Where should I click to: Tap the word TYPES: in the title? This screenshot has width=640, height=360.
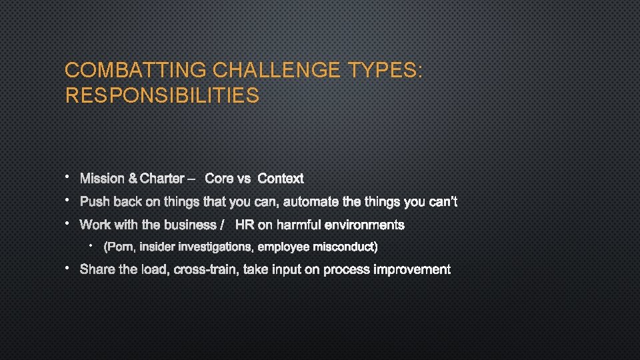[x=384, y=70]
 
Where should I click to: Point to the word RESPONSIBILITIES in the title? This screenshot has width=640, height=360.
[x=162, y=96]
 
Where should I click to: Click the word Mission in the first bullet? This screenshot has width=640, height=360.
[x=102, y=179]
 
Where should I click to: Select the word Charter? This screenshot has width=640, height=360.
[x=162, y=179]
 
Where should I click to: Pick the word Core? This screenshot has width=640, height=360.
[x=218, y=179]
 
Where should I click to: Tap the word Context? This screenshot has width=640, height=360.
[x=280, y=179]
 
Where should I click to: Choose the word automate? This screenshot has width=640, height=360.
[x=311, y=202]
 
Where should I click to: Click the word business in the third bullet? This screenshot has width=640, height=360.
[x=189, y=225]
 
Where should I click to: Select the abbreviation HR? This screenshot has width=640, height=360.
[x=245, y=225]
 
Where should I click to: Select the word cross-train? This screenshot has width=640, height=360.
[x=207, y=270]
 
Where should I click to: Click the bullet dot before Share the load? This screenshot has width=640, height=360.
[x=68, y=268]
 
